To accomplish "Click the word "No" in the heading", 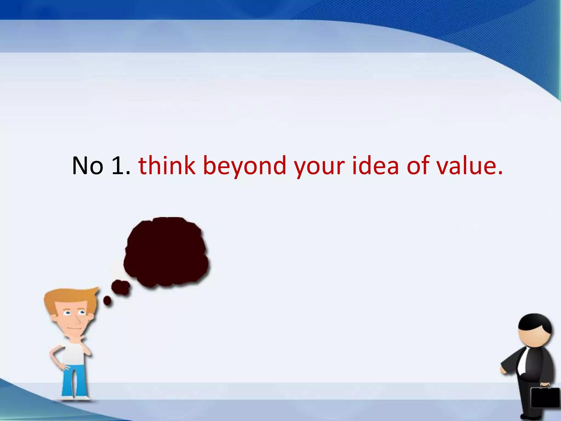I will [87, 165].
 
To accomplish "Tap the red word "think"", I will [167, 165].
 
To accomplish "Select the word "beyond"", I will [245, 166].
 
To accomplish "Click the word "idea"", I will [375, 165].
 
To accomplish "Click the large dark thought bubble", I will [166, 252].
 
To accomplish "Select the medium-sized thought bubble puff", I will [121, 287].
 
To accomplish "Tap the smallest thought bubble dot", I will [107, 301].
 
